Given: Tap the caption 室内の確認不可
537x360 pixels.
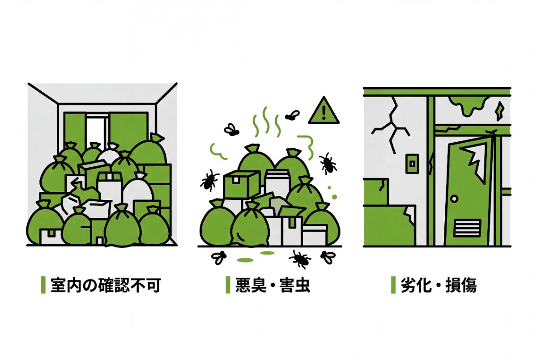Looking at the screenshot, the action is [106, 285].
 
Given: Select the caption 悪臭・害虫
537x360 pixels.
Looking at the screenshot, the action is [273, 285].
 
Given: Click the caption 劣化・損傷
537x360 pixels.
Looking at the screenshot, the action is [439, 285].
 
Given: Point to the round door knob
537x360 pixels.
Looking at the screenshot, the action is [454, 199].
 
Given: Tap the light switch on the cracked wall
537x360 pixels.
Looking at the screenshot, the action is [412, 164].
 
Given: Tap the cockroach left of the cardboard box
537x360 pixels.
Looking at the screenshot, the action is [209, 180].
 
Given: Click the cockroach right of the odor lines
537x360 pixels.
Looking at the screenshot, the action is [328, 163].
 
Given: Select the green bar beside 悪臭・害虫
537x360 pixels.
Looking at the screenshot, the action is [228, 285].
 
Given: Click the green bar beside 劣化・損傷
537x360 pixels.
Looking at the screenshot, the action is [393, 285].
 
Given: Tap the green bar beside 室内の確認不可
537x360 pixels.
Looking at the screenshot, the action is [43, 285].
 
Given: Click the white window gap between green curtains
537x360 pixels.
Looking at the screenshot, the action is [97, 131].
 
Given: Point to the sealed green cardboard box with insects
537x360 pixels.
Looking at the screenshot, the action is [241, 184].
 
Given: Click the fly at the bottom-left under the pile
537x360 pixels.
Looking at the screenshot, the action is [219, 257].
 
